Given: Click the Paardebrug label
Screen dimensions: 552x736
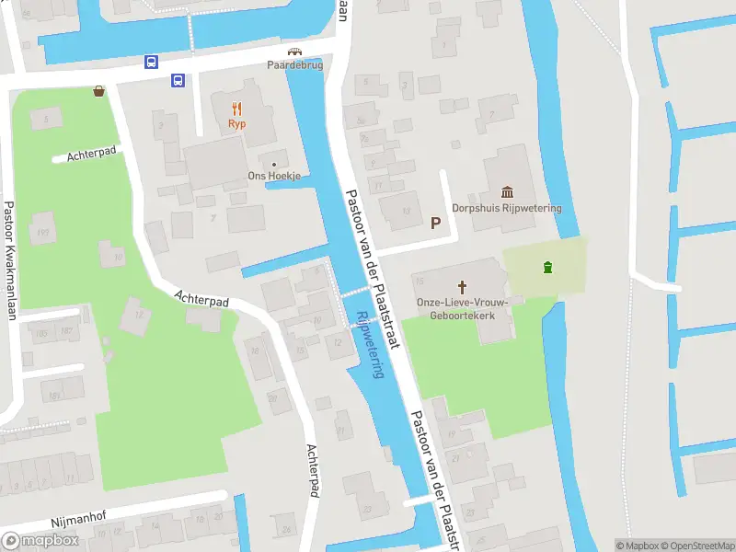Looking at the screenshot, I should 295,65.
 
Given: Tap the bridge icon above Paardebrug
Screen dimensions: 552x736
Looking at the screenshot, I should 294,52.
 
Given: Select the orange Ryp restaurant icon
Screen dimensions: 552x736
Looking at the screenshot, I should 236,108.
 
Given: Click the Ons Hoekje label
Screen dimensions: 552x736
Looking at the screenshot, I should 274,177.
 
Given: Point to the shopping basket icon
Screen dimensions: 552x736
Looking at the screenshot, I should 98,91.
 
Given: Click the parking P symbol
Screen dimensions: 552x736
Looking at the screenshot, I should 435,223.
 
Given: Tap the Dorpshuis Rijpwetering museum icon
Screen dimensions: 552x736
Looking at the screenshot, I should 507,191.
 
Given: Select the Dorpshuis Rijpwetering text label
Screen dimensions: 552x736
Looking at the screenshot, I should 519,208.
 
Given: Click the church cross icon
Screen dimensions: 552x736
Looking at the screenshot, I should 464,285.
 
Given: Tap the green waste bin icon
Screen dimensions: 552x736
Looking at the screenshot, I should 548,268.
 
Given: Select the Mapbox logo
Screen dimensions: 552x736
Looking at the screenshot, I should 41,540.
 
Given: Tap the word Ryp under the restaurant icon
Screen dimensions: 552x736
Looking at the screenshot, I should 236,124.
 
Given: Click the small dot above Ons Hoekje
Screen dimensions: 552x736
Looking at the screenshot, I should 273,165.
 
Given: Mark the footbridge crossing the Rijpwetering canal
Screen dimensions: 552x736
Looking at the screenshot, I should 356,293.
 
